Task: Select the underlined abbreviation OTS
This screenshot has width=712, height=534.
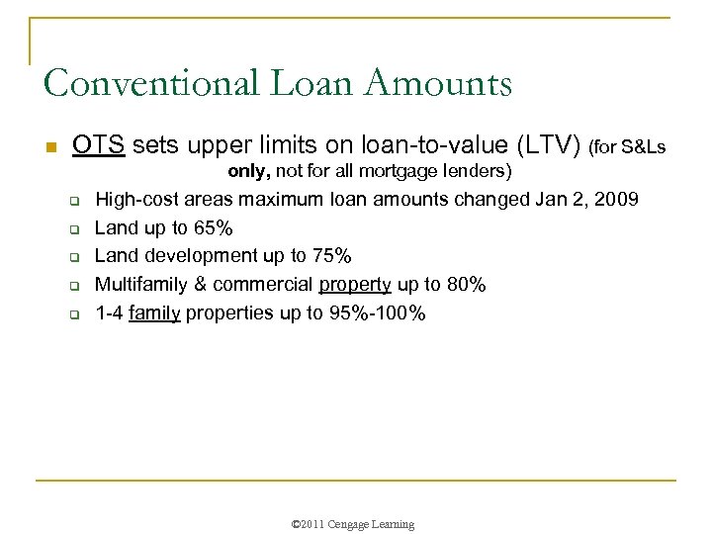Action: (x=98, y=146)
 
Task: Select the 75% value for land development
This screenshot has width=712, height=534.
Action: (x=330, y=256)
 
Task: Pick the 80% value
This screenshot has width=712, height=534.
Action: (x=465, y=285)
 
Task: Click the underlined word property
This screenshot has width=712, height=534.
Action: (x=355, y=285)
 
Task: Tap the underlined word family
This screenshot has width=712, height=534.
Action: (x=154, y=313)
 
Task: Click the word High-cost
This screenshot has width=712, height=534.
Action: (x=133, y=200)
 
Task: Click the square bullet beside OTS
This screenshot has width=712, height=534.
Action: (x=51, y=147)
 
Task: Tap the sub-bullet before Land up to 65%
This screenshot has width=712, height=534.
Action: (x=73, y=229)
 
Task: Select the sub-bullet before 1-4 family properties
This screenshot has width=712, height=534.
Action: (x=73, y=314)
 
